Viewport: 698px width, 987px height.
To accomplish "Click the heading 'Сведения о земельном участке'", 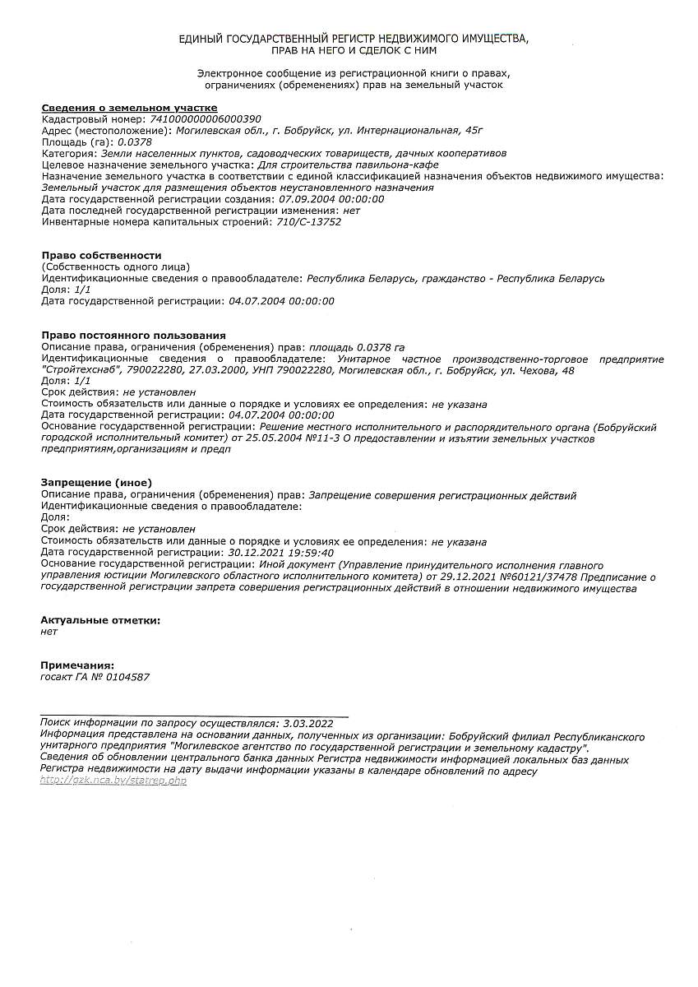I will click(x=129, y=108).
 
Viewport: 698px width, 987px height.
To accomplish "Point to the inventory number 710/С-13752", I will click(x=309, y=221).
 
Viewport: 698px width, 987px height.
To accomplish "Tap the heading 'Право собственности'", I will click(x=101, y=255).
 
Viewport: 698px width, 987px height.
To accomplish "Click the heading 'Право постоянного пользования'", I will click(x=133, y=336).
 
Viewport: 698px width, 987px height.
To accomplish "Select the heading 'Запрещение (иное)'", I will click(x=96, y=483).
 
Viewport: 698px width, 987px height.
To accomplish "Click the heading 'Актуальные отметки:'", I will click(x=100, y=620).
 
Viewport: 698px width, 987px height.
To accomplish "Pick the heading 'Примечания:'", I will click(x=77, y=665).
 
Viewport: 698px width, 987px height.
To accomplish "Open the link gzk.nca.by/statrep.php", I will click(x=113, y=781).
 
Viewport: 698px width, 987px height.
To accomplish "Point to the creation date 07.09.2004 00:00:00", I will click(x=331, y=199).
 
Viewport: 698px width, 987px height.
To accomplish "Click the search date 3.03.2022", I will click(x=307, y=723).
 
